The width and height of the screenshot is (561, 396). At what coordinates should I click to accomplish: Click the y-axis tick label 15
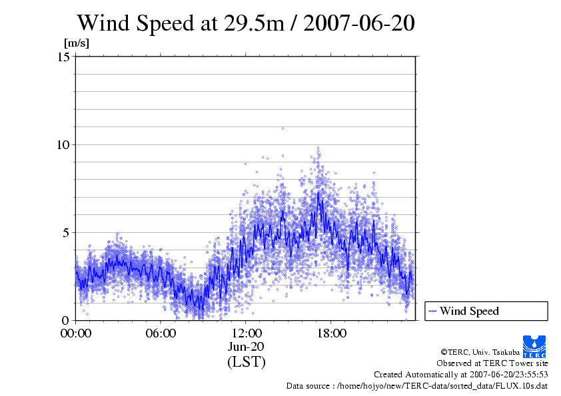point(64,57)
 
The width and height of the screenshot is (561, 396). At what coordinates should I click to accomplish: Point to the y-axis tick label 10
point(64,144)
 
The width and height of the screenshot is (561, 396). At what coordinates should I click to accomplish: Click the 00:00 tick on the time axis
point(76,333)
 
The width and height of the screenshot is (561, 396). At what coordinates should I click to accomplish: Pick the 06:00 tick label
point(161,333)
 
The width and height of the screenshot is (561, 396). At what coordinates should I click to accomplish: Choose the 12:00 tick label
point(246,333)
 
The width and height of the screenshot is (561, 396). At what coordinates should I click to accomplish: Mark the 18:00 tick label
point(331,333)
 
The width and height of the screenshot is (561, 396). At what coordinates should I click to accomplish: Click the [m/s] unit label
point(77,43)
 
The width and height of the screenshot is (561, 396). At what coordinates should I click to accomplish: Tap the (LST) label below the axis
point(246,363)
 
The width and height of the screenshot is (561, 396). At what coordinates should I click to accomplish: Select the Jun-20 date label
point(246,347)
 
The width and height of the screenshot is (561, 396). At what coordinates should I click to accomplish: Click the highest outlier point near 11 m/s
point(282,128)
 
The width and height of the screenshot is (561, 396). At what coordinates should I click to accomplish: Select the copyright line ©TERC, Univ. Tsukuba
point(480,351)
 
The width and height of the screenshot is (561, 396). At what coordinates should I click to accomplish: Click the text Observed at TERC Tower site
point(492,363)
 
